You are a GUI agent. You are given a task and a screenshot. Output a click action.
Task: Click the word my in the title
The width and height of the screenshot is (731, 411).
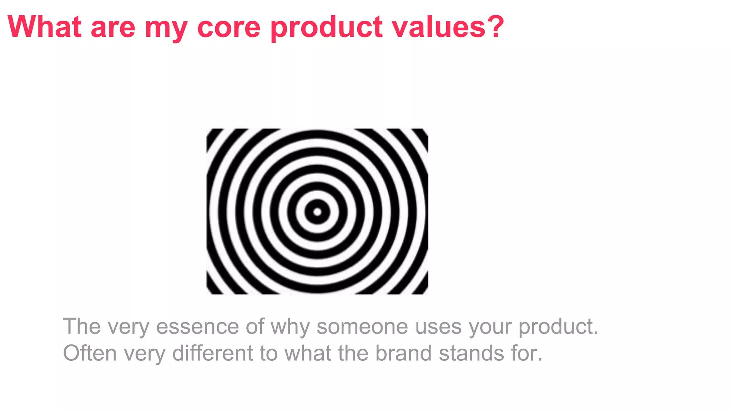click(166, 29)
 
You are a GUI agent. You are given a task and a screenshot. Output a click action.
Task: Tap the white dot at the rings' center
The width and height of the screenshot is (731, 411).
click(317, 212)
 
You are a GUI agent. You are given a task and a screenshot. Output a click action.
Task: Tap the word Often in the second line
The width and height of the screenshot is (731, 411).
click(90, 353)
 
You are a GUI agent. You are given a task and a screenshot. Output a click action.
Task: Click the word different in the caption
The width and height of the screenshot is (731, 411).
click(213, 353)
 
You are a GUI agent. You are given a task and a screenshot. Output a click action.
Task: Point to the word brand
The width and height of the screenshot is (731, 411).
click(403, 353)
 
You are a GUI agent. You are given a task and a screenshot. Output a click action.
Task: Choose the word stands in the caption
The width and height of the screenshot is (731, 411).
click(471, 353)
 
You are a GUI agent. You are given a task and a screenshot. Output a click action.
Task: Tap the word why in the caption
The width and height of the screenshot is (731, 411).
click(290, 327)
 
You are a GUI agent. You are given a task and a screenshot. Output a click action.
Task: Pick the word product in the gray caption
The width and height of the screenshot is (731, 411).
click(558, 327)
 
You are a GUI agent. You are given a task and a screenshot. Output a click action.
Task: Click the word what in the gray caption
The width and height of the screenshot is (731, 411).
click(308, 353)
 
